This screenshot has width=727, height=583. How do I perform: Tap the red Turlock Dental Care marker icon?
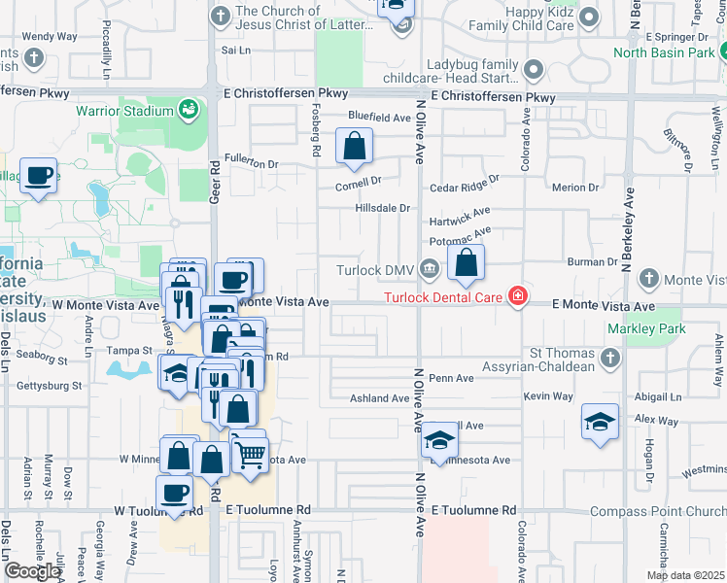point(518,296)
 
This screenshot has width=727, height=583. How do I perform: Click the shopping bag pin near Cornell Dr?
point(355,147)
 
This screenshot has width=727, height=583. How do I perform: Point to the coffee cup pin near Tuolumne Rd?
point(175,493)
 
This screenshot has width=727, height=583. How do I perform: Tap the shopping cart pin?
point(251,453)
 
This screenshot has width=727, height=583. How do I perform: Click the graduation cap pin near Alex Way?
point(601,423)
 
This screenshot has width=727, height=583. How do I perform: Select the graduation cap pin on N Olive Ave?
point(439,442)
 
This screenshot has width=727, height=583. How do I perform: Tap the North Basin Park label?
point(671,52)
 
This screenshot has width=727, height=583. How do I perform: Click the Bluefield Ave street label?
point(380,117)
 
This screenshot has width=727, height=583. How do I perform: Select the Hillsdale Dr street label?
point(382,208)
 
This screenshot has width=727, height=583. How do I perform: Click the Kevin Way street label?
point(547,396)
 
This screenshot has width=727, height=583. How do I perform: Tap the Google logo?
point(32,570)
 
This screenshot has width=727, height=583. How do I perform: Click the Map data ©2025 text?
point(685,575)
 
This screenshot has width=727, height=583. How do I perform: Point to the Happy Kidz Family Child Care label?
point(520,18)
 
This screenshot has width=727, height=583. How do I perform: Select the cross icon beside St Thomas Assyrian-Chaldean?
point(609,358)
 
